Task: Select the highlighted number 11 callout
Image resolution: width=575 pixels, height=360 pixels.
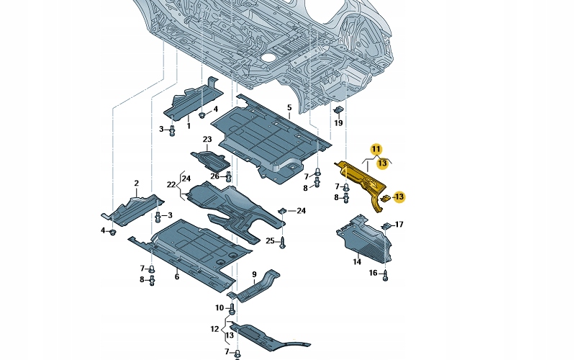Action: pos(376,149)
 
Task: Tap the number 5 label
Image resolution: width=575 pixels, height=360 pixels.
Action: pos(289,108)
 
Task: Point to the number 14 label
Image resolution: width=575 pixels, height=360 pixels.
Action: pos(357,261)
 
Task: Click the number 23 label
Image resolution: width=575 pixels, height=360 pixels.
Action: pos(207,139)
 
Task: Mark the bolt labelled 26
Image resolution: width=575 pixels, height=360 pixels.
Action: pos(229,176)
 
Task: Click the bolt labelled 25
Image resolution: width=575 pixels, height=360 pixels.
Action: pos(283,242)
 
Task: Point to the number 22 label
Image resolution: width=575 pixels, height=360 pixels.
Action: pos(171,186)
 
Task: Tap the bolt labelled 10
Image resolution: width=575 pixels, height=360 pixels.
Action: pos(232,310)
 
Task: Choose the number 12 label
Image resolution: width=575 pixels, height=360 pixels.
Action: pos(214,328)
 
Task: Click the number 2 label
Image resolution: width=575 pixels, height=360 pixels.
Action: pos(136,184)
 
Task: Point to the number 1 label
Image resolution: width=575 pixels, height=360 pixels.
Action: pos(189,126)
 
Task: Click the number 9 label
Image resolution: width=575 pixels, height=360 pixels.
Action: pos(254,274)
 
